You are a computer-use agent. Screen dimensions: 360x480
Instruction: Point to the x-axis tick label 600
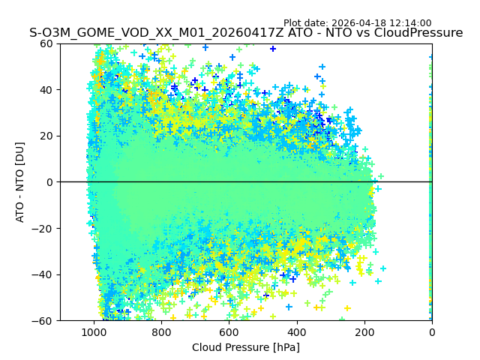229,332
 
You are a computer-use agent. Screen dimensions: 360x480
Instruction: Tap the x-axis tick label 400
297,332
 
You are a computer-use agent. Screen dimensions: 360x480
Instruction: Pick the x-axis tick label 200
364,332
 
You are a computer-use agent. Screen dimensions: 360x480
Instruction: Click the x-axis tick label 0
432,332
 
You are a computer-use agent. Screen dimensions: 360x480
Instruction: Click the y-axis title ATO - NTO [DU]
21,182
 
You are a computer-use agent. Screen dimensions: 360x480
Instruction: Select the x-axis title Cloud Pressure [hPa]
246,347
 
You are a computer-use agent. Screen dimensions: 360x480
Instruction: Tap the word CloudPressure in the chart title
418,33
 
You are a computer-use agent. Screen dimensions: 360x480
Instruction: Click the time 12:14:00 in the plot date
409,23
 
